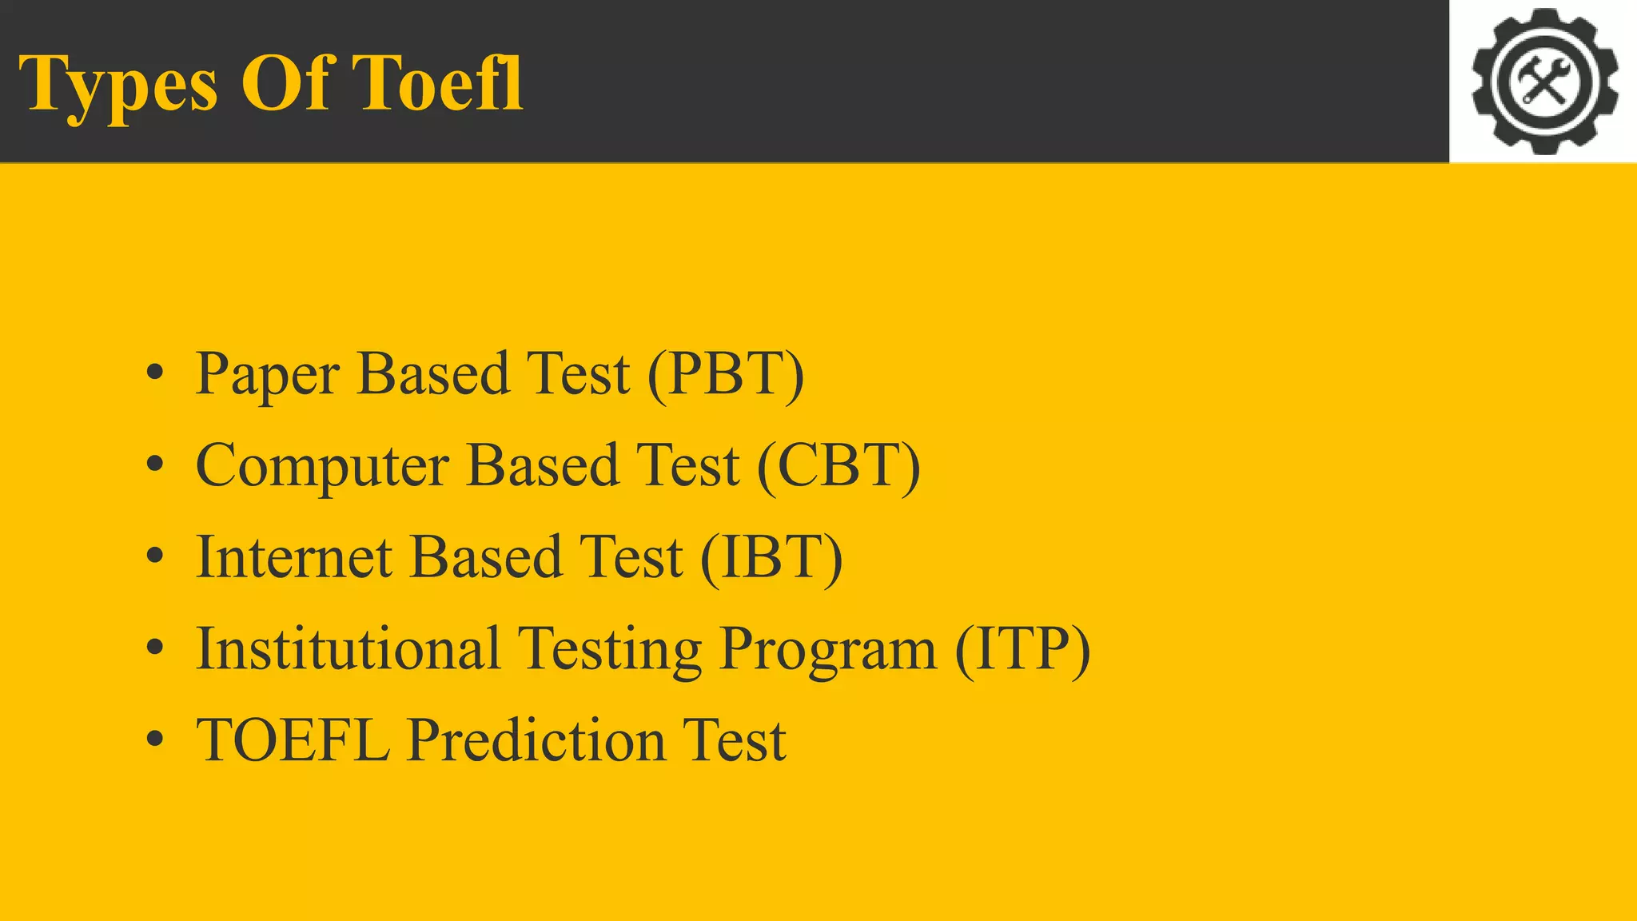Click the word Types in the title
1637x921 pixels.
tap(117, 85)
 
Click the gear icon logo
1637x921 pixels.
tap(1544, 81)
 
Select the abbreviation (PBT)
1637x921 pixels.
tap(726, 374)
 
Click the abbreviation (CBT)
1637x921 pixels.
tap(838, 466)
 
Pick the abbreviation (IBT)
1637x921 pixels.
tap(771, 557)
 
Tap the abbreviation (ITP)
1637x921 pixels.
tap(1022, 648)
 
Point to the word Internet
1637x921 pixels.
tap(294, 557)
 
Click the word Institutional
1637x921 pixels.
tap(348, 648)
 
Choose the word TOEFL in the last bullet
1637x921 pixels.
tap(293, 740)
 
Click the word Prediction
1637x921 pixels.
tap(536, 740)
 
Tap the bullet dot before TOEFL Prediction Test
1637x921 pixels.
tap(155, 739)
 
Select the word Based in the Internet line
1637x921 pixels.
tap(485, 557)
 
